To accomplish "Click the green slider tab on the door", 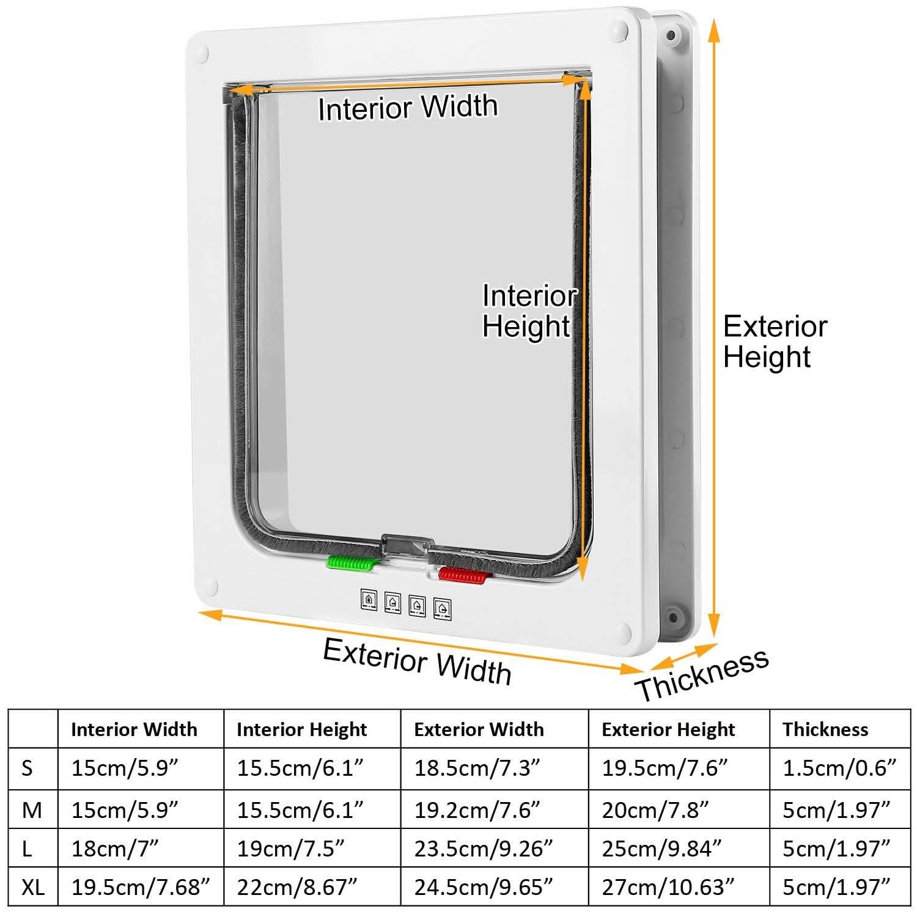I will click(x=349, y=562).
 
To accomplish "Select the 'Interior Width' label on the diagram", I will click(x=408, y=108).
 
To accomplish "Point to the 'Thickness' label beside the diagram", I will click(x=702, y=674).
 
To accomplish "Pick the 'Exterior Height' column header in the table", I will click(x=668, y=729).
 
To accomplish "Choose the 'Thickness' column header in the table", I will click(x=825, y=729).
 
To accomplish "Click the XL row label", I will click(x=33, y=886).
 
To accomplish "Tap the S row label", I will click(x=28, y=768).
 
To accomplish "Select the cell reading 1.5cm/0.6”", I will click(x=839, y=768).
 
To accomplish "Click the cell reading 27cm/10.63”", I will click(x=668, y=886).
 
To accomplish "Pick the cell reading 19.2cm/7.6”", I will click(x=477, y=809).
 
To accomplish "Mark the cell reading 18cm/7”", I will click(x=116, y=849).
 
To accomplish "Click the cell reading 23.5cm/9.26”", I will click(x=484, y=849).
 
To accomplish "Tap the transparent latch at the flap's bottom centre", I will click(x=407, y=545).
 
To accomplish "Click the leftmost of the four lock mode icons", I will click(x=369, y=599).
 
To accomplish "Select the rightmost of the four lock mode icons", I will click(x=443, y=608).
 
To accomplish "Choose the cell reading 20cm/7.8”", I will click(x=655, y=809).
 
